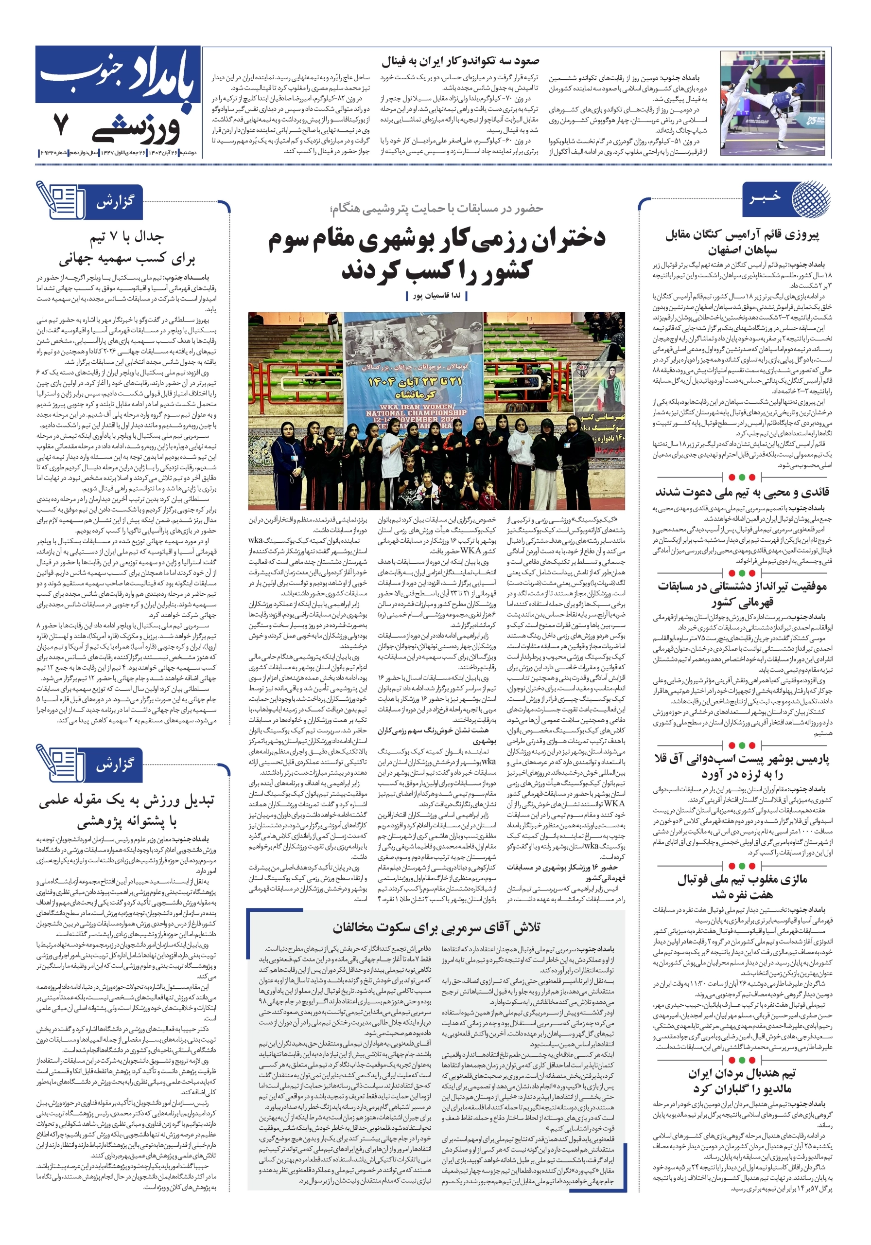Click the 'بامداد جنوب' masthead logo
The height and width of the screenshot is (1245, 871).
[x=118, y=76]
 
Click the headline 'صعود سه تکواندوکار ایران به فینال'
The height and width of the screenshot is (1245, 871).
[x=460, y=61]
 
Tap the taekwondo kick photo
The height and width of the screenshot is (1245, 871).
[x=775, y=103]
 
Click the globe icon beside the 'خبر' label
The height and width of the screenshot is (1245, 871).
[x=810, y=199]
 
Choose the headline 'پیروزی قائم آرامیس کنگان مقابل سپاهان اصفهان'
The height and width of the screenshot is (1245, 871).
[x=742, y=242]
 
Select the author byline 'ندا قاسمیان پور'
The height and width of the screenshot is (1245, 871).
[x=436, y=296]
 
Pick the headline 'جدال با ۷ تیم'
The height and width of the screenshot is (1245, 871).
[x=127, y=237]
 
